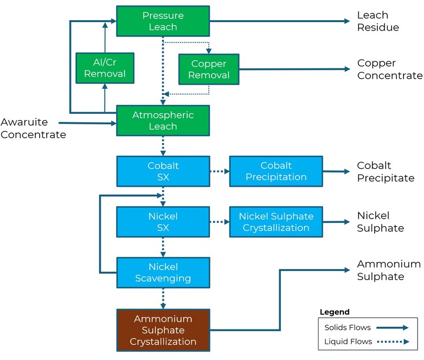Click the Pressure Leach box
163,21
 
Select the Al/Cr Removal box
105,68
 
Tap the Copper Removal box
209,69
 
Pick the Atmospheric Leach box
163,121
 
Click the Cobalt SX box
163,171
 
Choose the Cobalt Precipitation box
276,171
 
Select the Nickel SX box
163,222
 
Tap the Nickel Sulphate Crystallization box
276,222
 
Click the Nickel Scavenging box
163,273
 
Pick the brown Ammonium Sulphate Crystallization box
163,330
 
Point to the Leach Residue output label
378,21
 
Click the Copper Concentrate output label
390,69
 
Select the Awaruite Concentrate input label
33,128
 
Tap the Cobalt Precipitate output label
386,172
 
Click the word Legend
334,312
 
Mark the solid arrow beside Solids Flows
392,328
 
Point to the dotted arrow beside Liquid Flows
393,341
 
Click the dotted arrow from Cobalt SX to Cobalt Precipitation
219,171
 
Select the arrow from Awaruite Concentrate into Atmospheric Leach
87,123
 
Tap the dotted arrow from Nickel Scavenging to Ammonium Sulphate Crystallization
163,299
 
